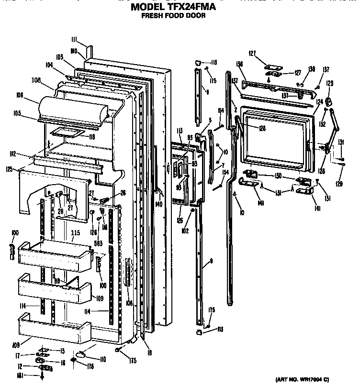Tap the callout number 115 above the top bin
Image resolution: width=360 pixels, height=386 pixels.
[x=75, y=233]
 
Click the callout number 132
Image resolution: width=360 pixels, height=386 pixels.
[x=323, y=124]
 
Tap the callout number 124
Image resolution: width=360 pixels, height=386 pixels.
[x=319, y=101]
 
